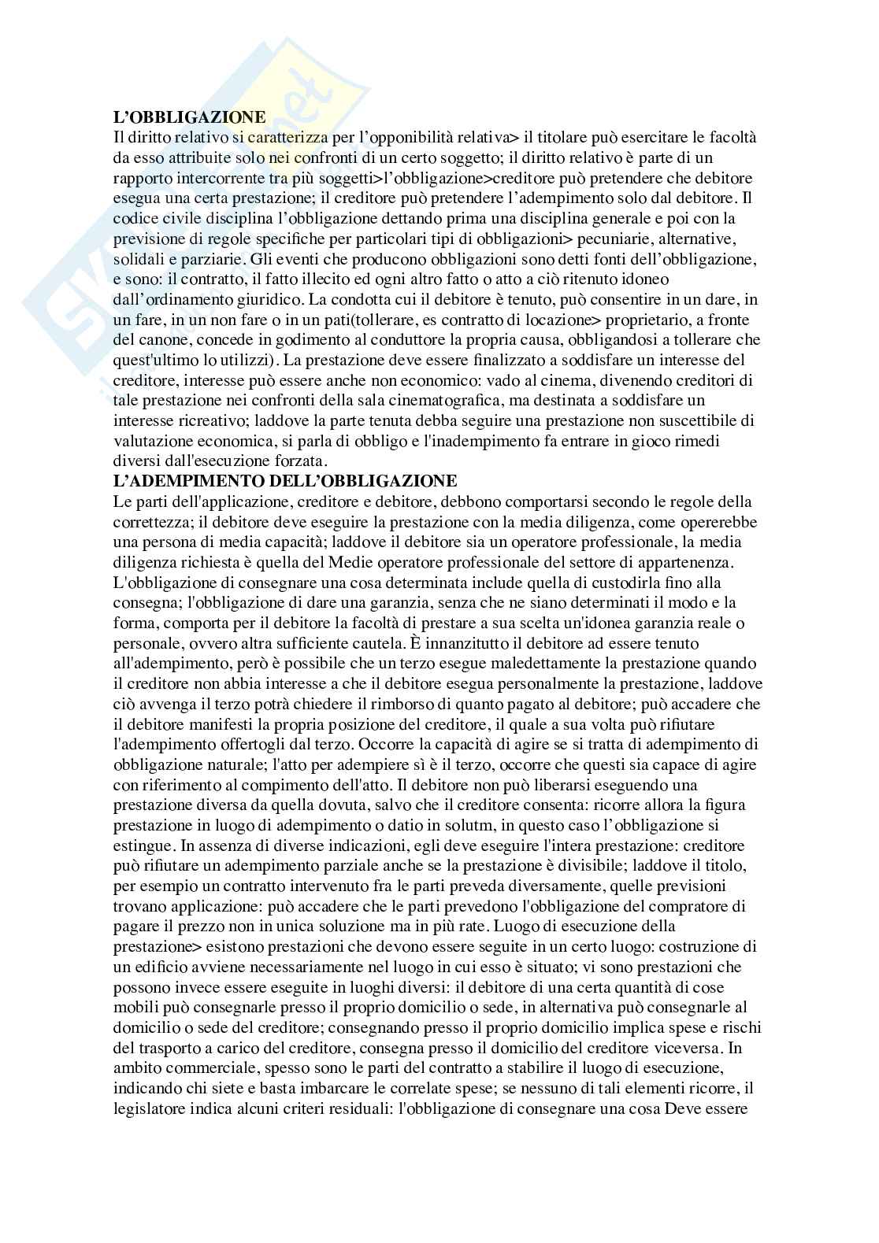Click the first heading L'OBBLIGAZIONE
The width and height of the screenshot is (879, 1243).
(x=190, y=117)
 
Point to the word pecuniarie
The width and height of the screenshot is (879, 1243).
(x=617, y=239)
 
